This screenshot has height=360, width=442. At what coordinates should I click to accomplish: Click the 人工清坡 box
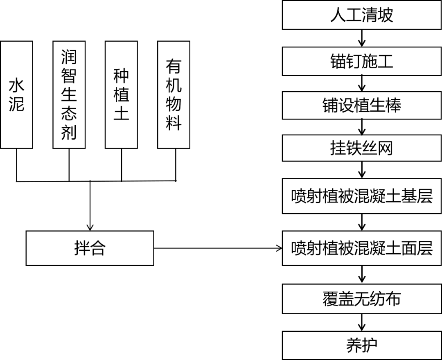(x=362, y=15)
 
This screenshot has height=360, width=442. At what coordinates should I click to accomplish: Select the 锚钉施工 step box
(x=362, y=61)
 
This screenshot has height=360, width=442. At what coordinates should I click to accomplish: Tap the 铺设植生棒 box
(x=362, y=105)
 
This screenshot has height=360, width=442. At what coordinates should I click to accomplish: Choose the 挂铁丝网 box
(x=362, y=148)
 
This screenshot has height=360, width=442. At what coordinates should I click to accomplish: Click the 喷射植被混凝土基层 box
(x=362, y=196)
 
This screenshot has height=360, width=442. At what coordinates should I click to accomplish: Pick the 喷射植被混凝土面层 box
(x=362, y=248)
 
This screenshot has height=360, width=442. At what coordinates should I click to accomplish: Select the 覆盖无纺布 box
(x=362, y=299)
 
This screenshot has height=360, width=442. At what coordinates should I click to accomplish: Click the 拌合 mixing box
(x=90, y=248)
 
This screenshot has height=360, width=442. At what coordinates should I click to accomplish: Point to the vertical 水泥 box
(x=17, y=94)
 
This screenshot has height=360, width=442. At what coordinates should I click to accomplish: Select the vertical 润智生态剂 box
(x=69, y=94)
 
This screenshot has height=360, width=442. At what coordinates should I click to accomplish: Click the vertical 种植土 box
(x=121, y=94)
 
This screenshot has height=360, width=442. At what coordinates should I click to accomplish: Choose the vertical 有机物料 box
(x=174, y=94)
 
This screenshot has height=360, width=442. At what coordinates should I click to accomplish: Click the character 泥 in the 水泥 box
(x=17, y=104)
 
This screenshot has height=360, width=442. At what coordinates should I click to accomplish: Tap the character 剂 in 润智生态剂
(x=69, y=132)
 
